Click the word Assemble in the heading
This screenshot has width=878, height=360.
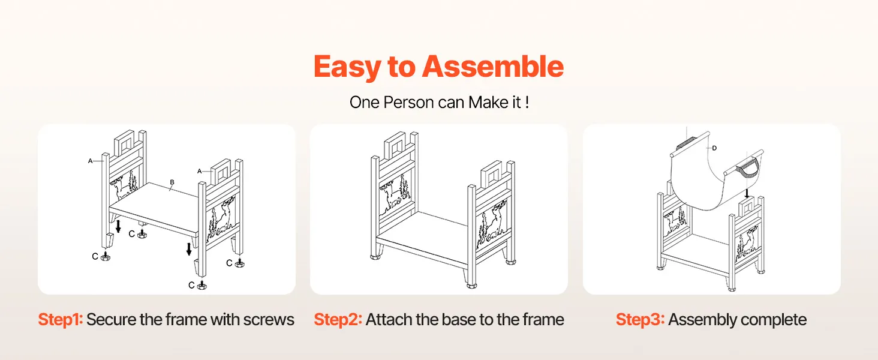tap(493, 66)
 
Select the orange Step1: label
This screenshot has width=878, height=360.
tap(61, 320)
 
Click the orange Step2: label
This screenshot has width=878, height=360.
tap(338, 320)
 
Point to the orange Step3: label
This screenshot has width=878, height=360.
tap(640, 320)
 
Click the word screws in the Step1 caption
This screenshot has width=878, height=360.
tap(269, 320)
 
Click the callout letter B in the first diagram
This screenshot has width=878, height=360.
tap(172, 182)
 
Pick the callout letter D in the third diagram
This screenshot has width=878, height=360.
tap(714, 148)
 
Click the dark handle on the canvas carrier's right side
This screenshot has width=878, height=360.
tap(748, 171)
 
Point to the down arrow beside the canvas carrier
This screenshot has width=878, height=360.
tap(747, 193)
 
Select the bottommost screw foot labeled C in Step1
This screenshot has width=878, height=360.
tap(202, 285)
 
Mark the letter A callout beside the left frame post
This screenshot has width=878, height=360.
tap(90, 161)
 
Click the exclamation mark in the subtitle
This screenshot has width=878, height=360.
tap(527, 103)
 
